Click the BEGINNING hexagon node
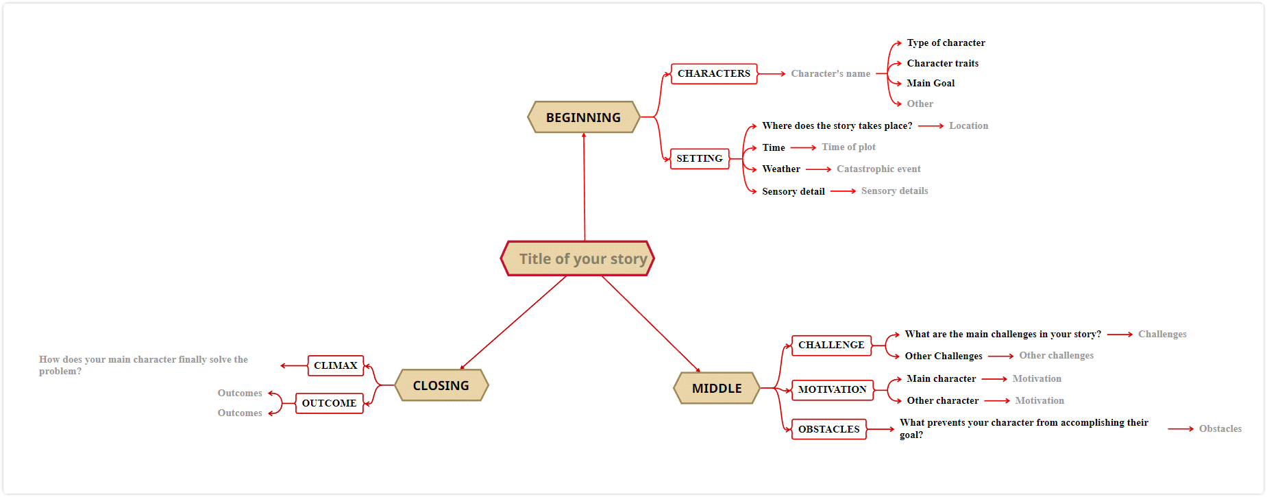pyautogui.click(x=584, y=117)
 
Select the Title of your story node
pyautogui.click(x=578, y=258)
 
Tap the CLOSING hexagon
pyautogui.click(x=441, y=385)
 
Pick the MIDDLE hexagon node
pyautogui.click(x=717, y=388)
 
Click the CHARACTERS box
pyautogui.click(x=714, y=73)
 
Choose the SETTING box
pyautogui.click(x=700, y=158)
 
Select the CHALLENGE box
pyautogui.click(x=831, y=345)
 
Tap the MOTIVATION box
pyautogui.click(x=833, y=389)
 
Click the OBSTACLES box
pyautogui.click(x=829, y=429)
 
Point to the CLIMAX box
pyautogui.click(x=336, y=365)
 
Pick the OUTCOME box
pyautogui.click(x=329, y=403)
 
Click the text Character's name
pyautogui.click(x=831, y=73)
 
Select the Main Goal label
pyautogui.click(x=931, y=83)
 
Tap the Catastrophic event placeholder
pyautogui.click(x=878, y=169)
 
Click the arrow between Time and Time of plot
pyautogui.click(x=803, y=147)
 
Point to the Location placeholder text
pyautogui.click(x=968, y=125)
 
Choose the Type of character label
pyautogui.click(x=946, y=43)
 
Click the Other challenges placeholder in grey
pyautogui.click(x=1056, y=355)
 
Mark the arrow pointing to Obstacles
pyautogui.click(x=1181, y=429)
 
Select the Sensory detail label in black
pyautogui.click(x=794, y=191)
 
